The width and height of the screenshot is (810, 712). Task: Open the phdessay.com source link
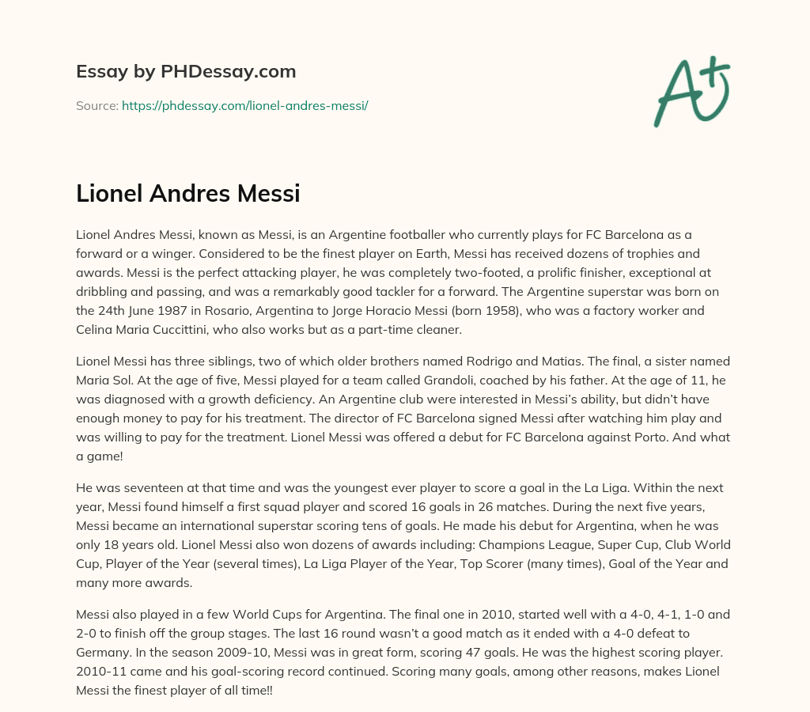[244, 105]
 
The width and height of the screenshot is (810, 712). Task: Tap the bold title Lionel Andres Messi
[187, 193]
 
